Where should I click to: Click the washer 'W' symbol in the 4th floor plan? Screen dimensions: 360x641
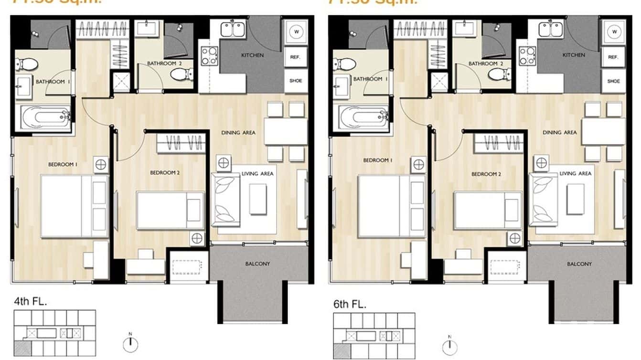tap(296, 32)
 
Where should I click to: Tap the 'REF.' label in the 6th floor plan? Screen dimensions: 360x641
tap(613, 57)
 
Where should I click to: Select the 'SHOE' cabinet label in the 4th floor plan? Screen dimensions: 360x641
tap(296, 81)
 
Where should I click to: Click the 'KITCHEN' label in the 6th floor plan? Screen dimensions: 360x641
tap(574, 55)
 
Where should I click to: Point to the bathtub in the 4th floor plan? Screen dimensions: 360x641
tap(43, 117)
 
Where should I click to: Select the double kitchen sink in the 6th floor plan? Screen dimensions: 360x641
tap(550, 29)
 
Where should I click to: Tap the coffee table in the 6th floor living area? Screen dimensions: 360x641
tap(575, 199)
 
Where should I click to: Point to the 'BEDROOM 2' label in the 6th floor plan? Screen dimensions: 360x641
tap(486, 174)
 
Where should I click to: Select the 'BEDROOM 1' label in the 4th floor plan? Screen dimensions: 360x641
tap(63, 165)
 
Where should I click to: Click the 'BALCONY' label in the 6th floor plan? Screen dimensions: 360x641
tap(579, 264)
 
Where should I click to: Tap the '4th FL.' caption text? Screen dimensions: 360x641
tap(31, 301)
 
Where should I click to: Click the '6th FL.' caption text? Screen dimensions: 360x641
tap(350, 305)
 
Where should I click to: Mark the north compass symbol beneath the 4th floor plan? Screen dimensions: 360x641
tap(130, 343)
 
